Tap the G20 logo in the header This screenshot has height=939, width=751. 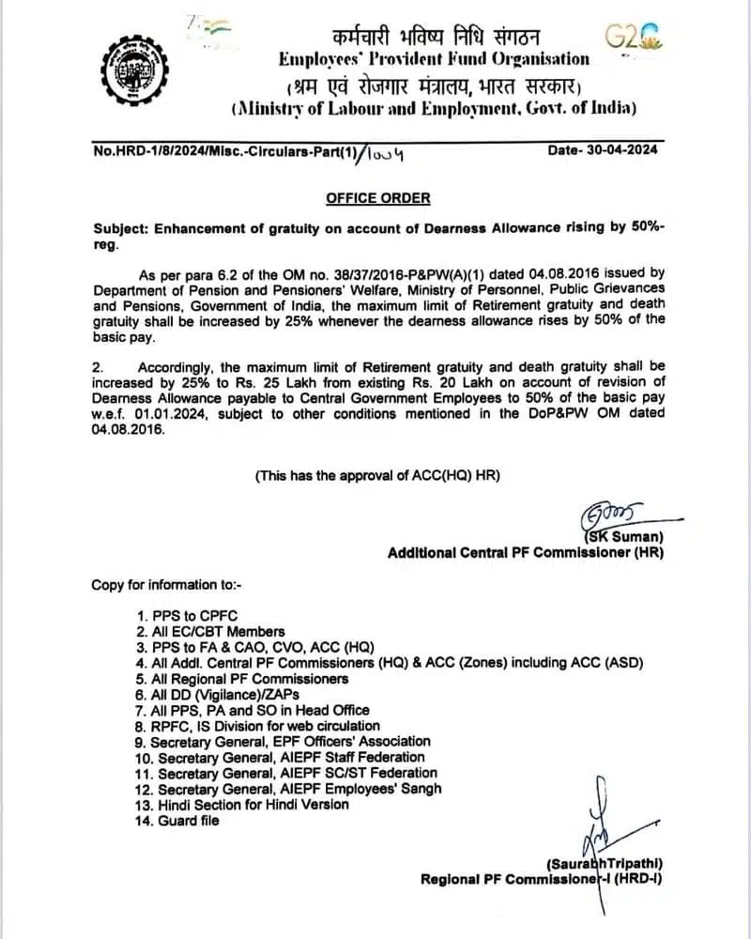(632, 37)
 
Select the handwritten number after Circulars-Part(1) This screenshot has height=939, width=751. (384, 151)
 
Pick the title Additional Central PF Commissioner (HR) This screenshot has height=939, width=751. (526, 553)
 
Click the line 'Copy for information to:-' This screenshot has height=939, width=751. (166, 585)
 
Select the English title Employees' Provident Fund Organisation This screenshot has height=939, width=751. (434, 59)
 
